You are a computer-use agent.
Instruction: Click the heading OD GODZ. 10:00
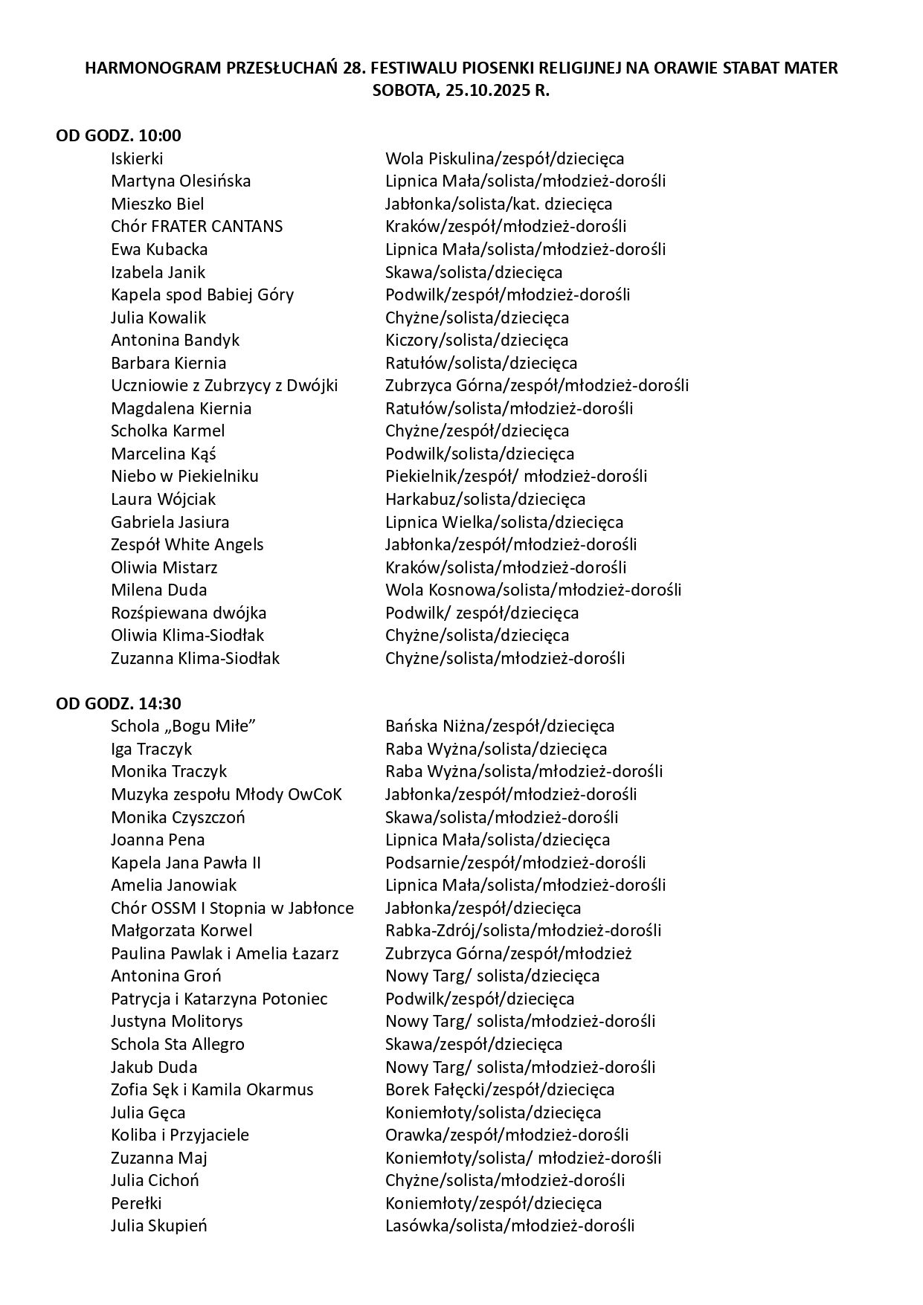point(118,135)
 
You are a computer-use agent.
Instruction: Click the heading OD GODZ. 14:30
point(118,703)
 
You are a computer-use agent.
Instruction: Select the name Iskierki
point(137,158)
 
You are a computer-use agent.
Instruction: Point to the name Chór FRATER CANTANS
point(196,226)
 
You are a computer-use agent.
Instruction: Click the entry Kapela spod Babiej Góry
point(202,294)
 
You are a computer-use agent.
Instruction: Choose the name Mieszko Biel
point(157,204)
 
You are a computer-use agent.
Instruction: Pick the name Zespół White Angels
point(187,544)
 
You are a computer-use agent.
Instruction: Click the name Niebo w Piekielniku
point(184,476)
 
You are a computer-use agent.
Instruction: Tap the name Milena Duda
point(158,590)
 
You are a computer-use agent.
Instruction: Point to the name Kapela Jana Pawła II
point(185,863)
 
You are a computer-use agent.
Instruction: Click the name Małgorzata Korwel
point(181,930)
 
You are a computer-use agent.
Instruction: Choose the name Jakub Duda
point(154,1067)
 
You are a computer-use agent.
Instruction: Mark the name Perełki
point(136,1203)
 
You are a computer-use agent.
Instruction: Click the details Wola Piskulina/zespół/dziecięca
point(504,158)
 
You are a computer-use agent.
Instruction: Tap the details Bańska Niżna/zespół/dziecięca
point(500,726)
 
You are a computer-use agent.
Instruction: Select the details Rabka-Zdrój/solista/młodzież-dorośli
point(523,930)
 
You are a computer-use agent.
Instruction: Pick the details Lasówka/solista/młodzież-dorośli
point(509,1225)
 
